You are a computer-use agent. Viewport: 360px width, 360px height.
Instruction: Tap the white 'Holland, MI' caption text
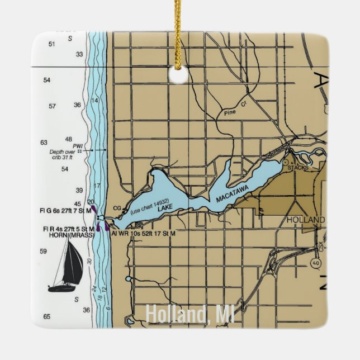coord(190,315)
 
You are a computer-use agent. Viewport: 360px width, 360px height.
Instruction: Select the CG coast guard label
coord(117,208)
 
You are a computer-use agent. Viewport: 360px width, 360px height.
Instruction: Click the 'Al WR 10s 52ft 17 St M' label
coord(144,233)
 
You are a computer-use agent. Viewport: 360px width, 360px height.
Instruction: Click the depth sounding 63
coord(44,143)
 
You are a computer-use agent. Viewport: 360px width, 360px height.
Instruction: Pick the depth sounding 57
coord(52,106)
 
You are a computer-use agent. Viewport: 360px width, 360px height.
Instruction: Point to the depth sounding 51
coord(52,44)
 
